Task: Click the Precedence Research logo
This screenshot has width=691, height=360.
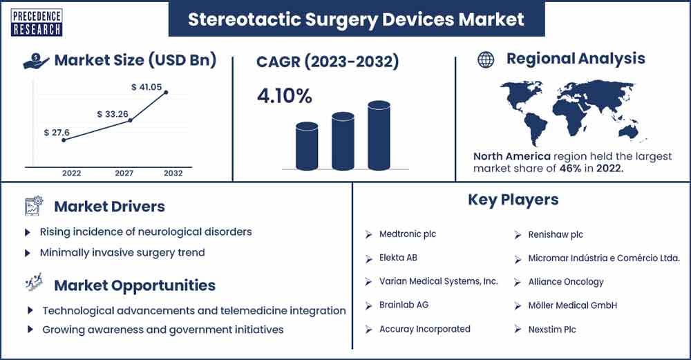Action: coord(37,22)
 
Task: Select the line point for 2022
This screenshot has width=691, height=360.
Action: coord(64,140)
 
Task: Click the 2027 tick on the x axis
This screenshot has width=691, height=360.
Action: coord(124,173)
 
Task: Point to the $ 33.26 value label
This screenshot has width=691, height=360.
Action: coord(113,114)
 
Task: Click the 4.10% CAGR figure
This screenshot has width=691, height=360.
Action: coord(285,96)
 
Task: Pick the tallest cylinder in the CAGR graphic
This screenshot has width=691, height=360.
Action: coord(379,135)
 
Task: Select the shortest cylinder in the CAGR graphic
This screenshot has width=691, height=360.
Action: coord(307,146)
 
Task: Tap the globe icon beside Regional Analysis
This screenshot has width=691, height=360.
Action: coord(486,59)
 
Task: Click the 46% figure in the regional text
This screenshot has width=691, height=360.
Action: coord(570,168)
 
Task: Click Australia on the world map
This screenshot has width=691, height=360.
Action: coord(628,131)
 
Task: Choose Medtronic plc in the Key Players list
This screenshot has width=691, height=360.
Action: coord(408,234)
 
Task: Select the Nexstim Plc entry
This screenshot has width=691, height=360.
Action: coord(552,329)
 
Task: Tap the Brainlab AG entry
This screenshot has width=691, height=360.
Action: coord(404,305)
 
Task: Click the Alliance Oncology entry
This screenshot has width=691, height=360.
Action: coord(566,281)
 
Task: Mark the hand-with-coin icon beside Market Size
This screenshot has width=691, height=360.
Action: coord(36,61)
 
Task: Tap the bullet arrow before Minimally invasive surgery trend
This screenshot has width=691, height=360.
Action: coord(28,254)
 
